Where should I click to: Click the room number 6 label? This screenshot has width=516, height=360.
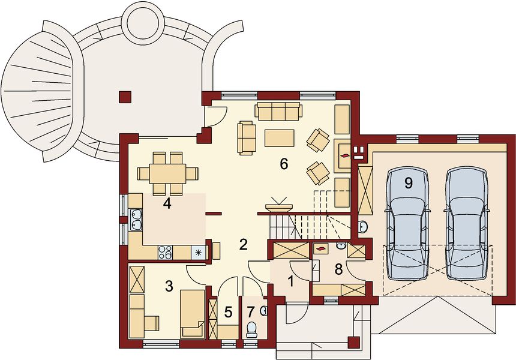284,163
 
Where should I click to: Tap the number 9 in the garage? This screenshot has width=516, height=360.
409,183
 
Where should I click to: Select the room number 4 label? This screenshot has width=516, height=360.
167,204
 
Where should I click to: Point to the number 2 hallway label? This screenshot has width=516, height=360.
243,244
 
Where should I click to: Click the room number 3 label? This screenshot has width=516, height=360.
169,286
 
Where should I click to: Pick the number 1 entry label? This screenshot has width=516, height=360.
291,280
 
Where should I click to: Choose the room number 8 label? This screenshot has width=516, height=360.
338,270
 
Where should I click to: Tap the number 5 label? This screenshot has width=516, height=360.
227,312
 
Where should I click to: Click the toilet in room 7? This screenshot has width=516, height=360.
252,328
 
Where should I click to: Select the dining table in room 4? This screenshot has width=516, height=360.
167,173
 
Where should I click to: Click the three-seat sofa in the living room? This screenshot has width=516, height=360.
278,111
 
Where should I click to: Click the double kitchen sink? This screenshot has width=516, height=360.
136,219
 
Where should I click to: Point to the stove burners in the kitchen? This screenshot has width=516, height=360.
165,253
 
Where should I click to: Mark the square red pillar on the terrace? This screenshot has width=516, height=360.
125,96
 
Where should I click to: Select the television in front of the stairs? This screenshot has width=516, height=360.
280,204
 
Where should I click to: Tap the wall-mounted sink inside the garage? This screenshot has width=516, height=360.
362,226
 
